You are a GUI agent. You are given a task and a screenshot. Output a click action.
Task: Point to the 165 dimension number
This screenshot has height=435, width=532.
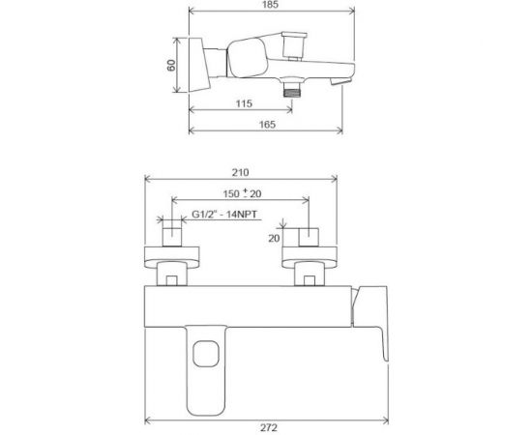(x=268, y=125)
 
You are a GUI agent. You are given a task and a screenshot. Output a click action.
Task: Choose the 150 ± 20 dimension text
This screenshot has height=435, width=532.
(x=239, y=195)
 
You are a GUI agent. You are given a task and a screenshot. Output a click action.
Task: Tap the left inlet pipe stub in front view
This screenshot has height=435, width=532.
(x=171, y=237)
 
